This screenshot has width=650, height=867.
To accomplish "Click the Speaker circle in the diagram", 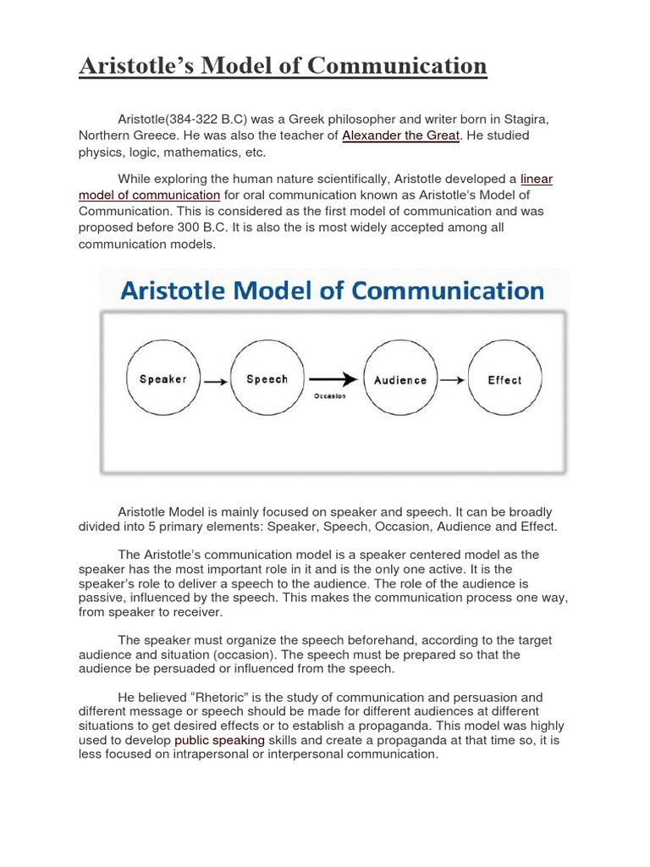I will pos(162,378).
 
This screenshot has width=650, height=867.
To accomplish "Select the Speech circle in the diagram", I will pos(267,378).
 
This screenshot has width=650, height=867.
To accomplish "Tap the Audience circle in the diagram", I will pos(400,379).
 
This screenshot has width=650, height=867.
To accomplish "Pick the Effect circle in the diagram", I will pos(504,379).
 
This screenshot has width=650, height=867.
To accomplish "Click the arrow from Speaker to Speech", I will pos(215,381).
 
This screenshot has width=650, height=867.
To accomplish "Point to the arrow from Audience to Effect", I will pos(453,380).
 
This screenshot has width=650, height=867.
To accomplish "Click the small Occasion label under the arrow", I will pos(329,395).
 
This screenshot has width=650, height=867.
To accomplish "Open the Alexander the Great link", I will pos(400,136).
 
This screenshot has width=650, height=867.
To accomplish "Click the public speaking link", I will pos(220,741).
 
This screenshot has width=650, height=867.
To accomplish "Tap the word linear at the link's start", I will pos(537,179).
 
